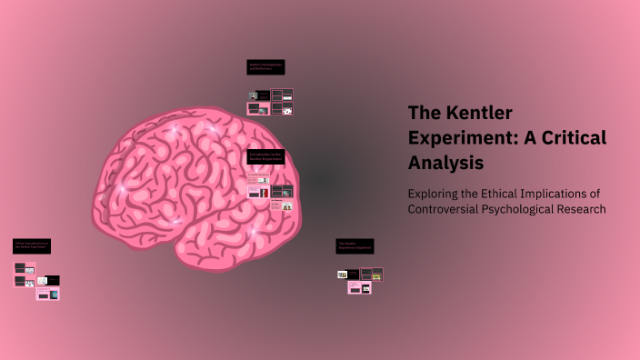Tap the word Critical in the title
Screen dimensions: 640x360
[573, 138]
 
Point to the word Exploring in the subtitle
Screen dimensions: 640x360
[435, 194]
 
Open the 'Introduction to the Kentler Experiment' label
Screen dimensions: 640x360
[266, 156]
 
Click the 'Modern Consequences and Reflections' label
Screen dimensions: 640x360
[266, 66]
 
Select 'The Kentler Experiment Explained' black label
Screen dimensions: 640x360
[355, 245]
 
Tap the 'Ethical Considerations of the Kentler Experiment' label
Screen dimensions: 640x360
[33, 245]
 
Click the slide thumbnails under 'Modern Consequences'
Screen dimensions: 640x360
[271, 102]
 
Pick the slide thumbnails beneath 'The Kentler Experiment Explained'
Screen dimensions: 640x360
[360, 280]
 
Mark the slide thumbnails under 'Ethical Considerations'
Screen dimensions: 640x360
[37, 281]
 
